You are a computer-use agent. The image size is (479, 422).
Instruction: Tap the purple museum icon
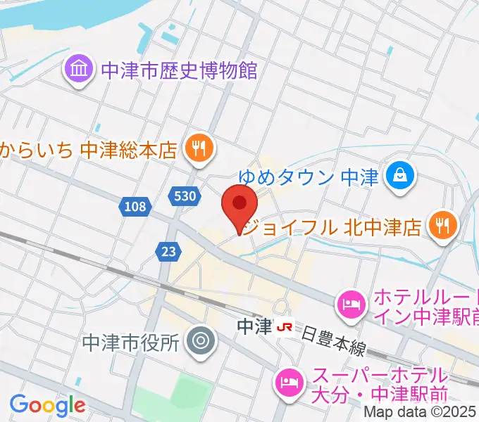78,70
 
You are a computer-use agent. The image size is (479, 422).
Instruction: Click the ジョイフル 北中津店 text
331,227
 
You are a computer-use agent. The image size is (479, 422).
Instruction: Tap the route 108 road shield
133,207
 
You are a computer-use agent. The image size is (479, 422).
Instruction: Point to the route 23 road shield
167,250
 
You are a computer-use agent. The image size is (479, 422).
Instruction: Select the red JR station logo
285,327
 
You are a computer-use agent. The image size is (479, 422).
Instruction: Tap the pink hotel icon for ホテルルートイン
350,303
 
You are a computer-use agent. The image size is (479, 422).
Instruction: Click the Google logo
47,404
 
